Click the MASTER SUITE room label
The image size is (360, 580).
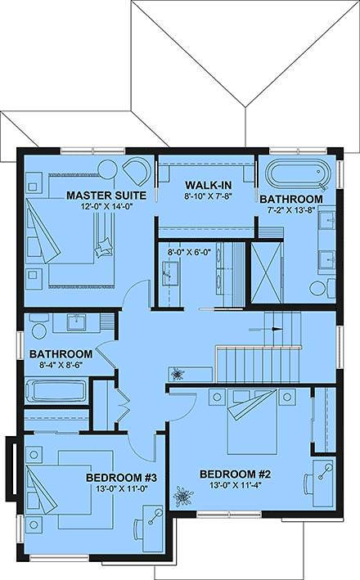tap(106, 196)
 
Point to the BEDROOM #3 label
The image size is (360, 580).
tap(115, 478)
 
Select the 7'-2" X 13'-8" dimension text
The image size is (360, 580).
tap(290, 211)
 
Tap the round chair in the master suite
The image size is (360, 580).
tap(137, 171)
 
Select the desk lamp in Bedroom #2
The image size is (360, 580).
tap(324, 470)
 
